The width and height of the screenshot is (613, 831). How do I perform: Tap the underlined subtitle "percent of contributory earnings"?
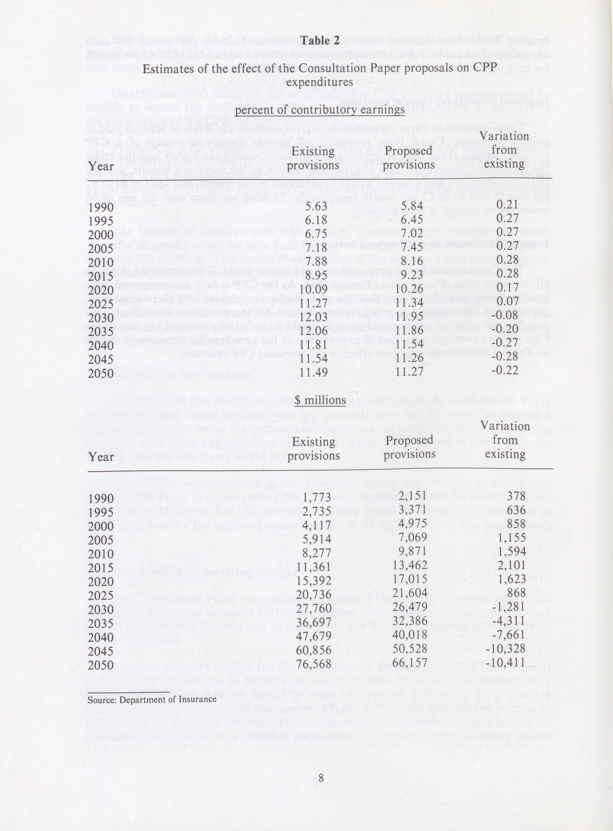320,110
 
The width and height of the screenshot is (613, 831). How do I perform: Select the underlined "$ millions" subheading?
320,400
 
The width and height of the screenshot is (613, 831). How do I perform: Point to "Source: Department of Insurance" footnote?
152,699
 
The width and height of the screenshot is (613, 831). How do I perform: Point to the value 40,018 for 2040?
410,635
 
